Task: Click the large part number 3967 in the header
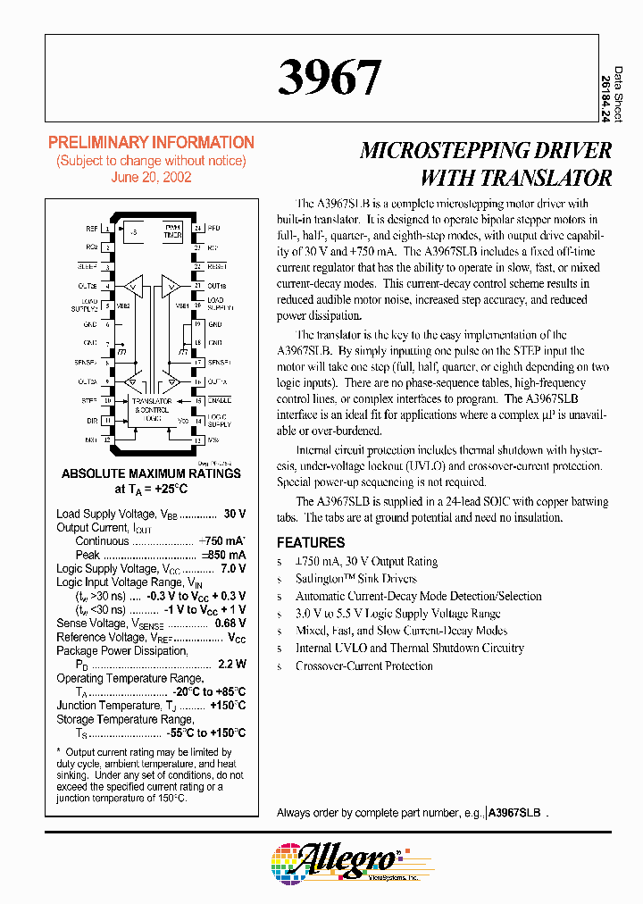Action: pyautogui.click(x=330, y=79)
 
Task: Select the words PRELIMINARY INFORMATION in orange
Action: pyautogui.click(x=151, y=143)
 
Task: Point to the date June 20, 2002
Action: pyautogui.click(x=151, y=177)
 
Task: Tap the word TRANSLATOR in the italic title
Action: pyautogui.click(x=516, y=177)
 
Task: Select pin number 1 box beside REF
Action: pyautogui.click(x=107, y=229)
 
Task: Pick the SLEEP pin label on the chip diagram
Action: pyautogui.click(x=88, y=266)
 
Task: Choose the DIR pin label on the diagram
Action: pyautogui.click(x=92, y=420)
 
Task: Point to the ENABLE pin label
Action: pyautogui.click(x=220, y=401)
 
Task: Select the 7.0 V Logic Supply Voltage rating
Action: pyautogui.click(x=232, y=569)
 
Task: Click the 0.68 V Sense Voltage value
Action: pyautogui.click(x=230, y=624)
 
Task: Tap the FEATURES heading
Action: pyautogui.click(x=311, y=542)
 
